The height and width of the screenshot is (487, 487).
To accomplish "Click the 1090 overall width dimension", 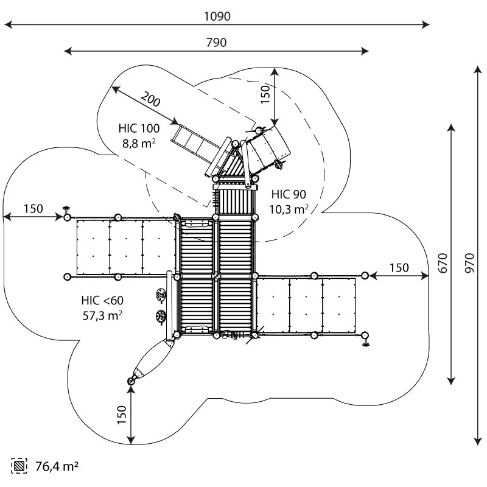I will point(217,16).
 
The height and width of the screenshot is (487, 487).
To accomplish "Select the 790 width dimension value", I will point(216,43).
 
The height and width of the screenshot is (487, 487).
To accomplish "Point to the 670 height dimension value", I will point(443,255).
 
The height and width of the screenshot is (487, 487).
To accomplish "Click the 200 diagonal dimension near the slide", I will point(150,99).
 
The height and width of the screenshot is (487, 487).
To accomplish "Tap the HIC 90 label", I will point(289,195).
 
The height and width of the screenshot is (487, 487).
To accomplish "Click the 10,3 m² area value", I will point(289,209).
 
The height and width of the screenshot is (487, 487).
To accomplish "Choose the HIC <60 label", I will point(102,301).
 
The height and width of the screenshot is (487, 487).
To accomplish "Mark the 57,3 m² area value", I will point(102,315).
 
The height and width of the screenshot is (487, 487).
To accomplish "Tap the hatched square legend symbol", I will point(19,466).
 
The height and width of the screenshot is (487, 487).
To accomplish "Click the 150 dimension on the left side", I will point(33,209).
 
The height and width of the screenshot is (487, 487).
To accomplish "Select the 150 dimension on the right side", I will point(399,268).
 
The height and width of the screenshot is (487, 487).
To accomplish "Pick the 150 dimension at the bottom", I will point(121,415).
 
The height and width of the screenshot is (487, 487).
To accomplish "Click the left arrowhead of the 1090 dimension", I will point(7,25).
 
